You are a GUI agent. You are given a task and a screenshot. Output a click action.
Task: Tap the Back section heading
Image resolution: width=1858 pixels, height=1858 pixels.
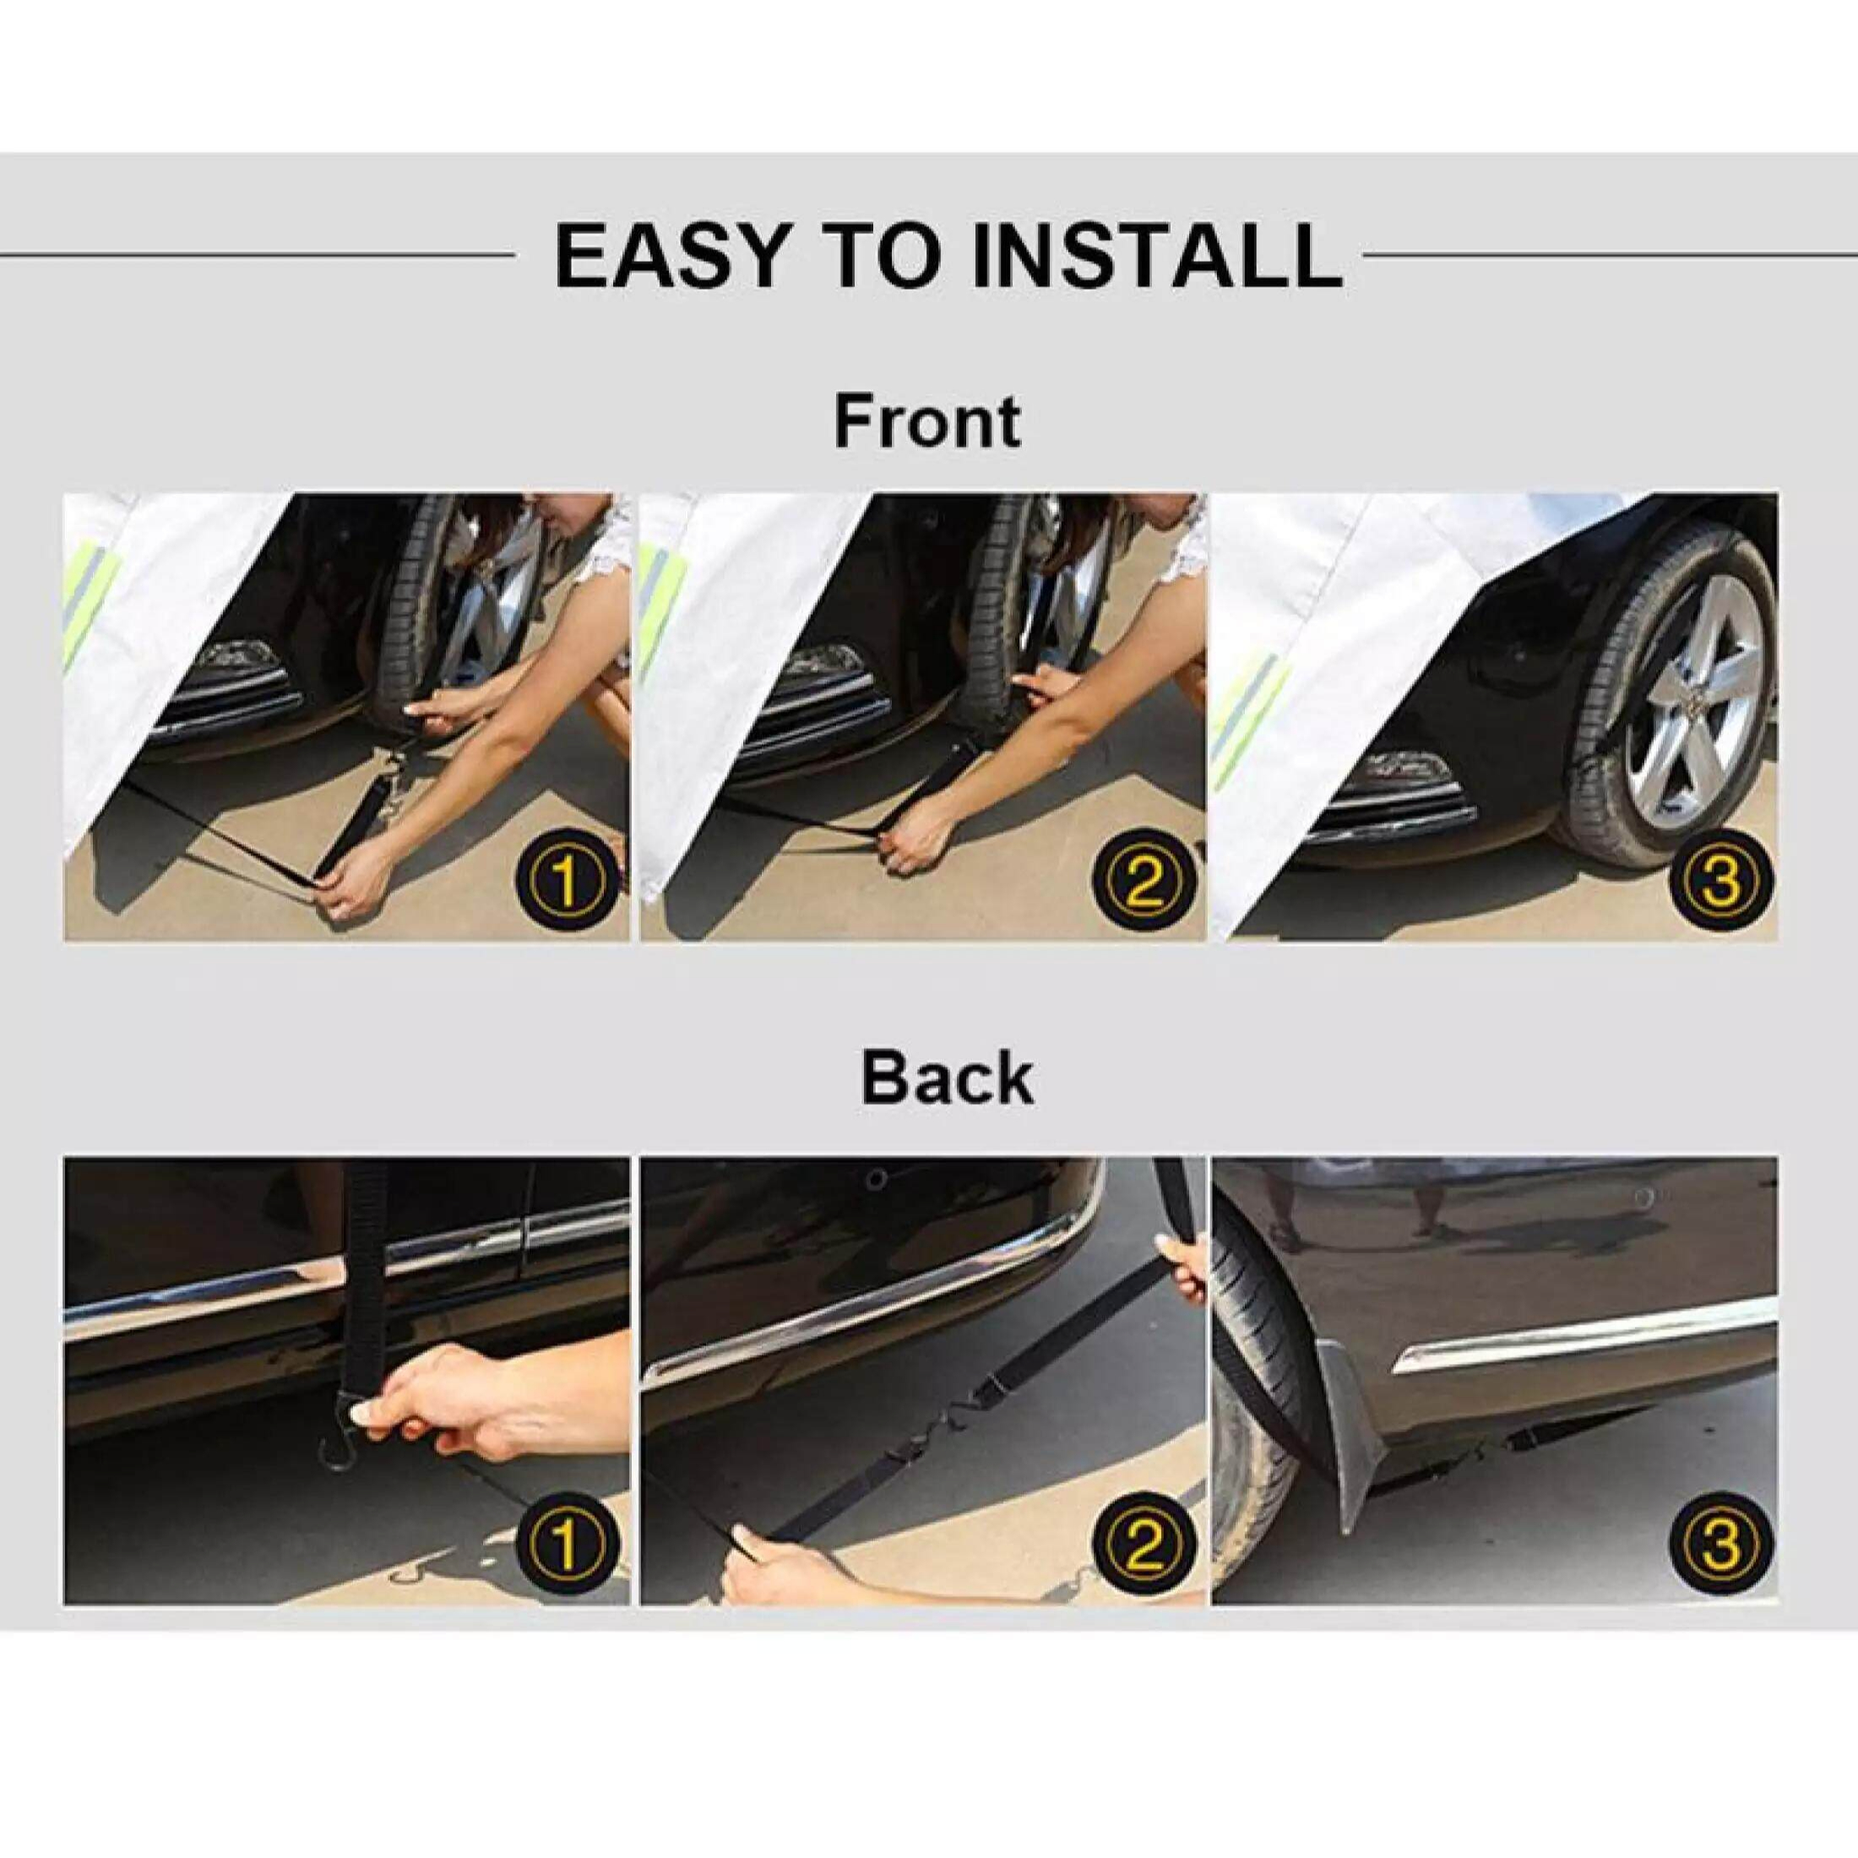coord(946,1079)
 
